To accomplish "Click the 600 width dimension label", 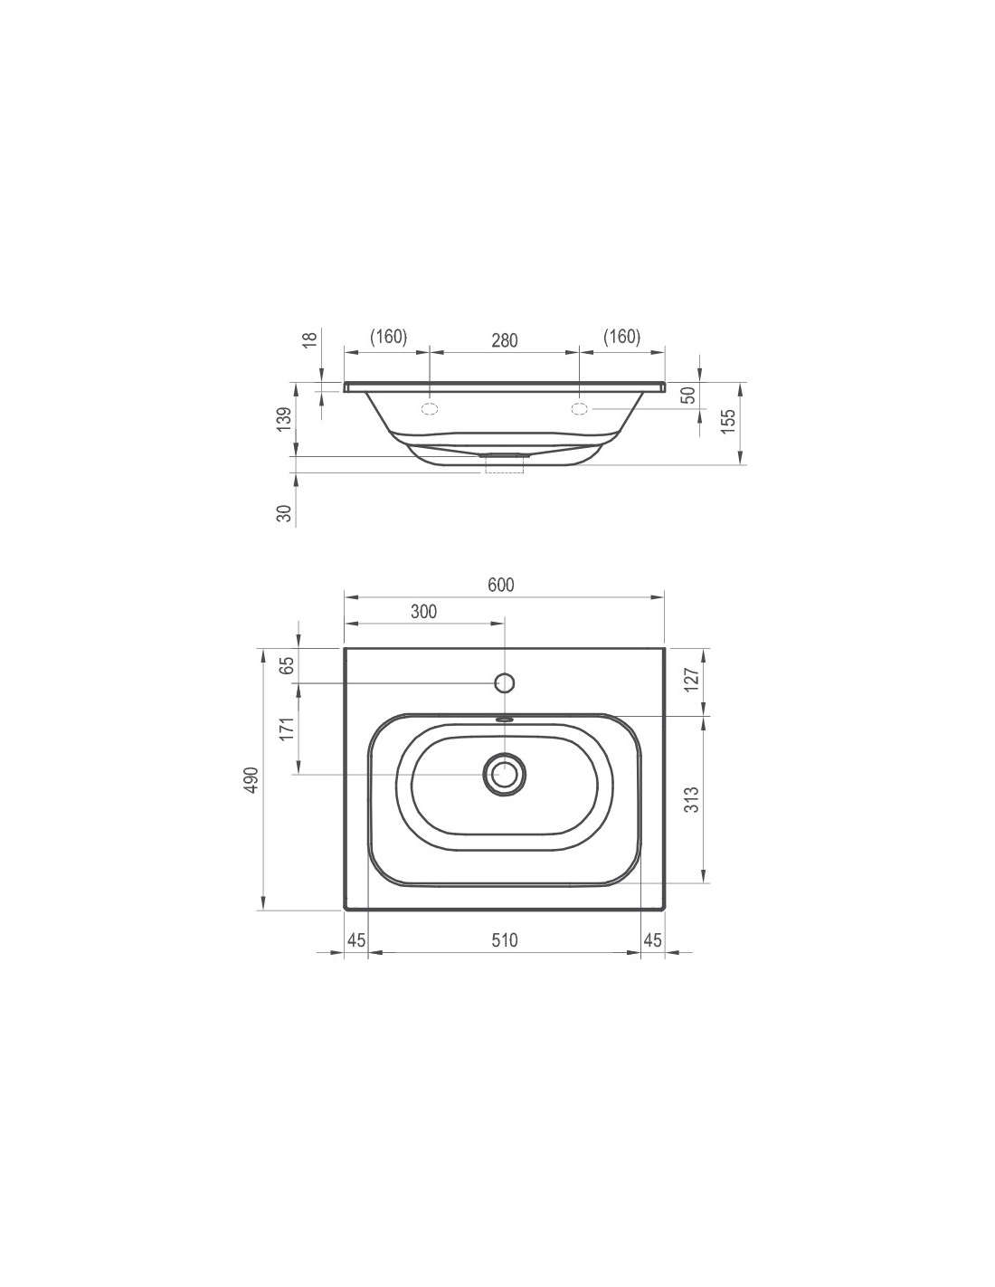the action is tap(501, 585).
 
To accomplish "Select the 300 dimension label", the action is tap(423, 611).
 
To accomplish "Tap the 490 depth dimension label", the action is tap(252, 780).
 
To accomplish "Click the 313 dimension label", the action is tap(691, 799).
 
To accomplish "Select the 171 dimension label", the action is tap(287, 729).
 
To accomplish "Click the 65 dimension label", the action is tap(287, 665).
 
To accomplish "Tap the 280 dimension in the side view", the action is tap(505, 340).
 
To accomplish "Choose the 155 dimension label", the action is tap(729, 421).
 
